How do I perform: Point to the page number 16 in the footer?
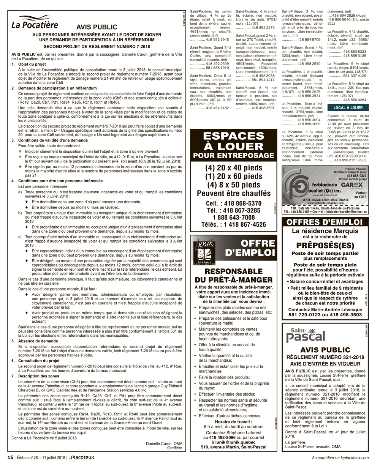10,457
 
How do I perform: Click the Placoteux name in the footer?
82,457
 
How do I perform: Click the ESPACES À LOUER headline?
233,142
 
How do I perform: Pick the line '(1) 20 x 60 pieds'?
233,177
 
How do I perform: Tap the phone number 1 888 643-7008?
233,218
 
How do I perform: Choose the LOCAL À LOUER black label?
348,108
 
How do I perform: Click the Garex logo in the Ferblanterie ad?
349,185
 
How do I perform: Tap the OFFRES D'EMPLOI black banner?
325,222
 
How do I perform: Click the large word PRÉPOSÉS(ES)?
325,246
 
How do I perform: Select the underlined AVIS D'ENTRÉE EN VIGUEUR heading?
325,363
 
